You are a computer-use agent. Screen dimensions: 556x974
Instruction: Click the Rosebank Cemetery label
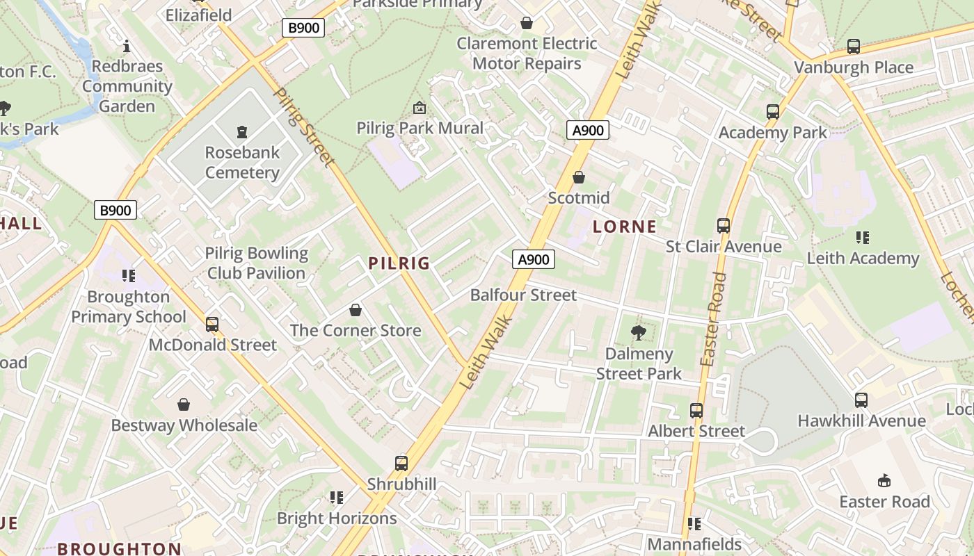pyautogui.click(x=242, y=162)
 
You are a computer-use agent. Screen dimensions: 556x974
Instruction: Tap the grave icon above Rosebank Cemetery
pyautogui.click(x=242, y=131)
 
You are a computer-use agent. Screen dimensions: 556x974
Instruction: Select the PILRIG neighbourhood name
pyautogui.click(x=399, y=263)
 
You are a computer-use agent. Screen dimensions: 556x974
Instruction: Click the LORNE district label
pyautogui.click(x=625, y=227)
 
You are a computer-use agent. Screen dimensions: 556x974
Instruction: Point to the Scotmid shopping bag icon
pyautogui.click(x=578, y=178)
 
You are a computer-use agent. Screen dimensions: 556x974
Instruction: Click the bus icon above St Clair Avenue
pyautogui.click(x=724, y=226)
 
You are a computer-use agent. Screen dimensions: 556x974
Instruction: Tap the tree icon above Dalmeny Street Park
pyautogui.click(x=638, y=333)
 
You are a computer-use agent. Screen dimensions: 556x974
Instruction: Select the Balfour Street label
pyautogui.click(x=523, y=295)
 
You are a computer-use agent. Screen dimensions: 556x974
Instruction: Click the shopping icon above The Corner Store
pyautogui.click(x=356, y=309)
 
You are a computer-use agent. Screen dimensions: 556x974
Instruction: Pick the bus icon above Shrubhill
pyautogui.click(x=401, y=463)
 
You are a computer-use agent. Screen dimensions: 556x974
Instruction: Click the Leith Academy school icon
pyautogui.click(x=863, y=238)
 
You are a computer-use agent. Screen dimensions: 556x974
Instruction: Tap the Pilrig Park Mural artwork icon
pyautogui.click(x=420, y=108)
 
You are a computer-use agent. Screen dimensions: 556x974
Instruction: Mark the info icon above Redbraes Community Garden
pyautogui.click(x=127, y=47)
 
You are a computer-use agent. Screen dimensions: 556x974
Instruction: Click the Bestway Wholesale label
pyautogui.click(x=184, y=425)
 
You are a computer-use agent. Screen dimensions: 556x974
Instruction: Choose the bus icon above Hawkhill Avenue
pyautogui.click(x=861, y=400)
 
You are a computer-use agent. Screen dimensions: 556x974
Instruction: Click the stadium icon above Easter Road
pyautogui.click(x=884, y=481)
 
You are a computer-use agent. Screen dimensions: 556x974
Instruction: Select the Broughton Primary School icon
pyautogui.click(x=129, y=276)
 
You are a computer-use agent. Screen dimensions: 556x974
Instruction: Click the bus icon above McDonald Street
pyautogui.click(x=212, y=325)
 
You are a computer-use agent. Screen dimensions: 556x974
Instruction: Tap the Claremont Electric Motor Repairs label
pyautogui.click(x=527, y=54)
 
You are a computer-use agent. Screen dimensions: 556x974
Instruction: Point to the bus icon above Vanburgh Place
pyautogui.click(x=854, y=47)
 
